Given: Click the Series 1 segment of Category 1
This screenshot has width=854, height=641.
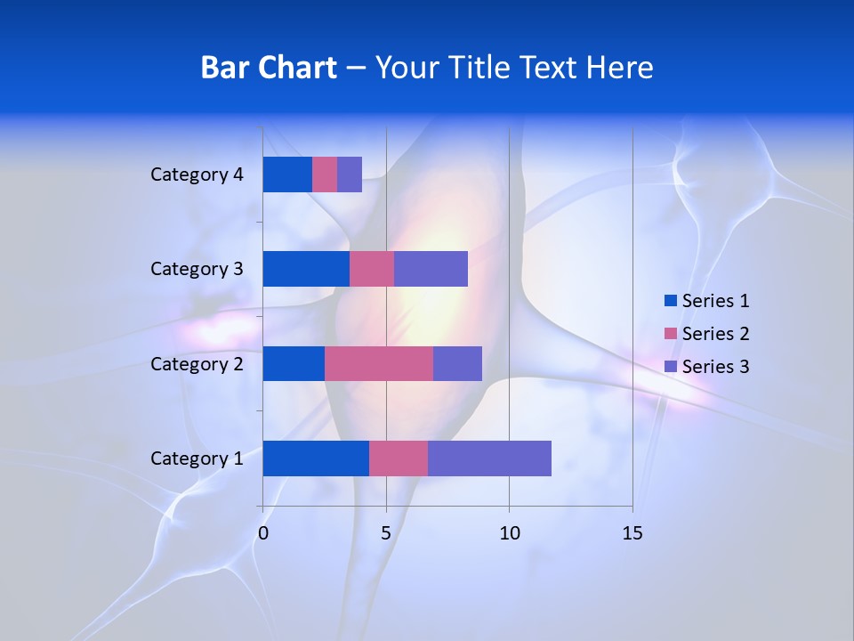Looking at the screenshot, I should [x=316, y=458].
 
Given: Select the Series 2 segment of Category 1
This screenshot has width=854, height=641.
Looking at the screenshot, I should [x=399, y=458].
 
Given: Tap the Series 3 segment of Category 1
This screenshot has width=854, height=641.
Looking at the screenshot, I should [x=489, y=458].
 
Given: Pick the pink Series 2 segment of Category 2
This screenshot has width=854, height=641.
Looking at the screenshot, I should [x=379, y=363].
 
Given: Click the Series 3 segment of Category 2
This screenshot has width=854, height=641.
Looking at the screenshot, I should [x=457, y=363].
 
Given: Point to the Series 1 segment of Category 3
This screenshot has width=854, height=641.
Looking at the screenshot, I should [x=306, y=269].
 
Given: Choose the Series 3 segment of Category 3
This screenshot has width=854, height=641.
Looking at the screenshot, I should [x=431, y=269].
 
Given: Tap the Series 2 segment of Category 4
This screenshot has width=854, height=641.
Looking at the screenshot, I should [x=325, y=174].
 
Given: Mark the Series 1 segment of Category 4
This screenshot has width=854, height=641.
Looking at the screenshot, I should [x=287, y=174].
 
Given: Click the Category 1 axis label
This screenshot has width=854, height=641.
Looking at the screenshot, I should [x=197, y=458].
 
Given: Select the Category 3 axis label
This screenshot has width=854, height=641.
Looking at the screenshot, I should [x=197, y=269].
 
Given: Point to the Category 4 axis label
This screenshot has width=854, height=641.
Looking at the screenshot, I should [x=197, y=174].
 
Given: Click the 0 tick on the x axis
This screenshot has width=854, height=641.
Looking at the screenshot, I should [x=263, y=533].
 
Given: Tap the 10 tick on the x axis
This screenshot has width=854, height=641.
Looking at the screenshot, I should [x=509, y=533].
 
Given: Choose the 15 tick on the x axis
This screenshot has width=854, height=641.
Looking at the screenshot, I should [x=632, y=533].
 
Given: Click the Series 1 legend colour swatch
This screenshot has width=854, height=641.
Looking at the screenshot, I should [x=670, y=301].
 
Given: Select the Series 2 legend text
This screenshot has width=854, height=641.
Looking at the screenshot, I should [x=715, y=334].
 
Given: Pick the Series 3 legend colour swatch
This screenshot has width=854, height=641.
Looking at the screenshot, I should [x=670, y=367].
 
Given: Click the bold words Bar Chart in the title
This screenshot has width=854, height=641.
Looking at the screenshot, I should [x=269, y=68].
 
